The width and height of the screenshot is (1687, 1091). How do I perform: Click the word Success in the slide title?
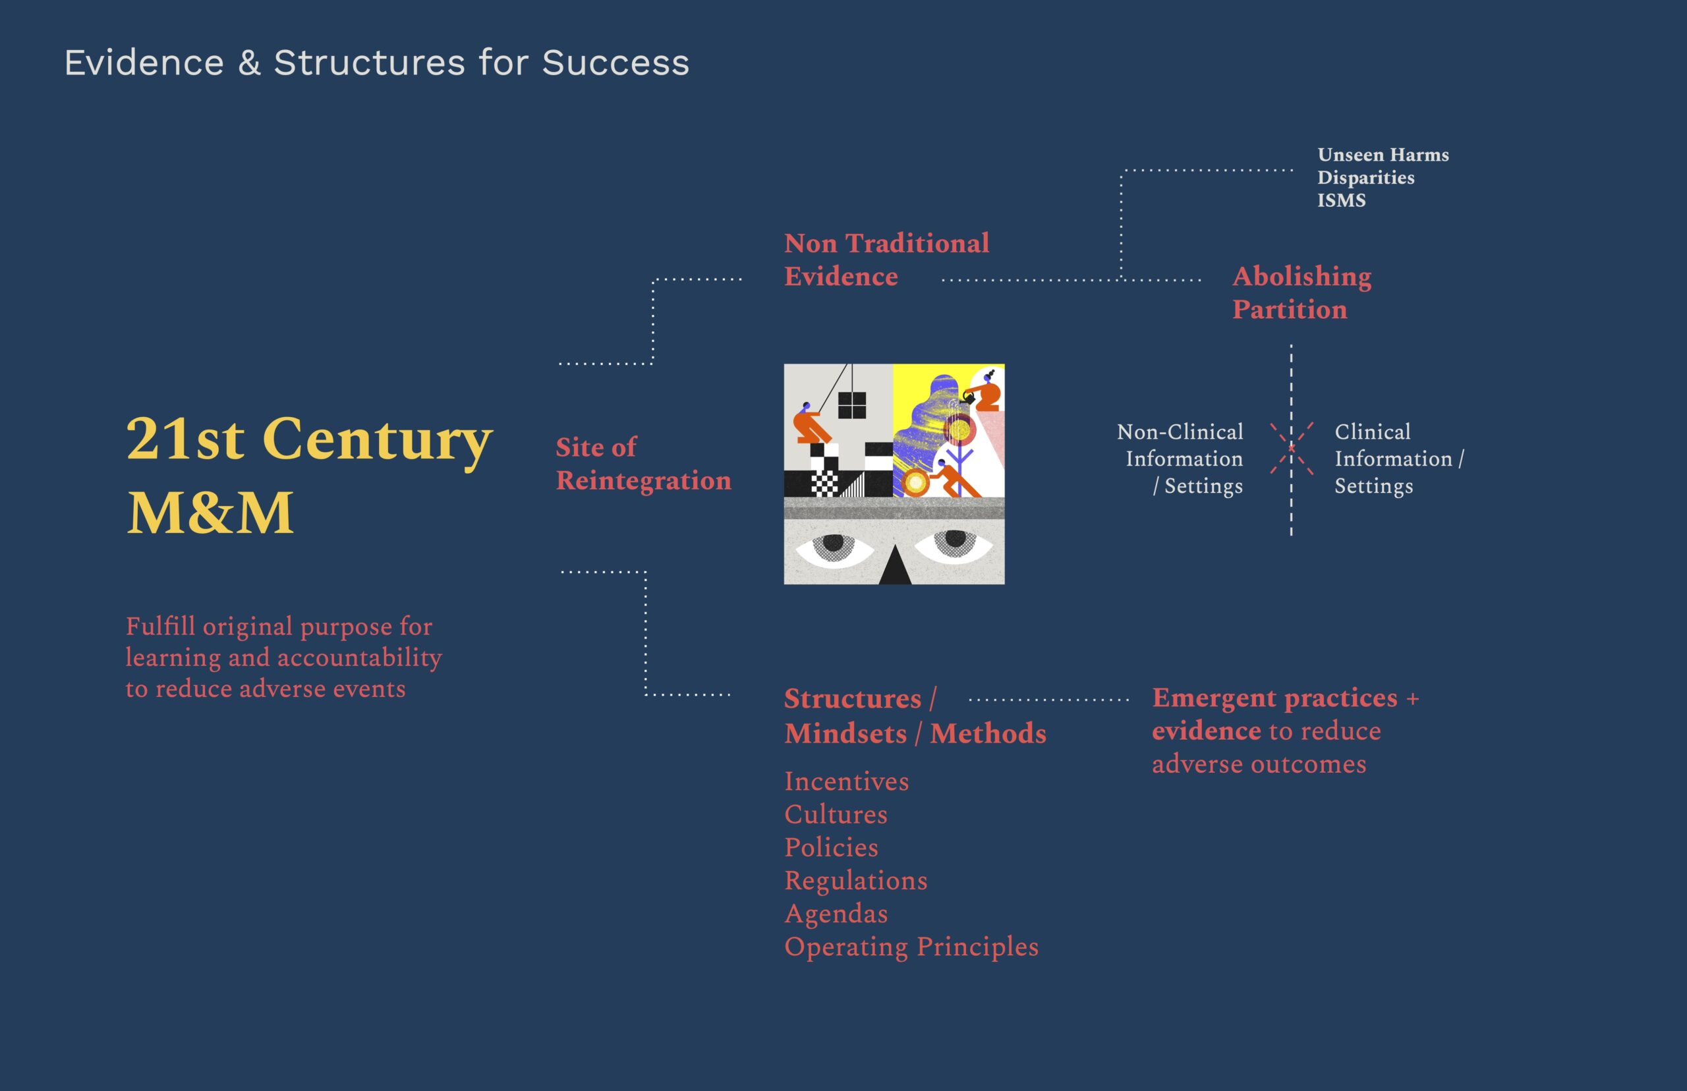click(x=615, y=63)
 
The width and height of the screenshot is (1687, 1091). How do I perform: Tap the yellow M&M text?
click(x=210, y=512)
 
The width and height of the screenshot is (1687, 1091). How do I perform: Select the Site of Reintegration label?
click(x=643, y=464)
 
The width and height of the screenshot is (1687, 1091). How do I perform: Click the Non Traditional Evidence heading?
click(x=886, y=260)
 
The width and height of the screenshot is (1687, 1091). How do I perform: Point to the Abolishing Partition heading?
click(x=1302, y=293)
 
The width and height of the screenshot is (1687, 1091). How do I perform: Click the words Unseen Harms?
click(x=1383, y=154)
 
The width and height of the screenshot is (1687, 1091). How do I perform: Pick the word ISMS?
click(x=1341, y=200)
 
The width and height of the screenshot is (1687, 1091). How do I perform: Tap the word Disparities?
click(x=1366, y=178)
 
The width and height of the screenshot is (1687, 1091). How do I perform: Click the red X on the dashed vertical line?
click(x=1291, y=448)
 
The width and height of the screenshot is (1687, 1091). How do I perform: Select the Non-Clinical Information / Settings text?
click(x=1180, y=459)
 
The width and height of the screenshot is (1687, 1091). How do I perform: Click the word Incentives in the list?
click(x=846, y=781)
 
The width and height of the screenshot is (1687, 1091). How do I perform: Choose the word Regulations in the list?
click(x=855, y=881)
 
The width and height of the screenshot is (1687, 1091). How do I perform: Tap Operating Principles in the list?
click(x=911, y=947)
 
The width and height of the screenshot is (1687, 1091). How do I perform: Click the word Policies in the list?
click(x=831, y=847)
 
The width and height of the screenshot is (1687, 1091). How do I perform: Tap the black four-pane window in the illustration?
click(x=851, y=405)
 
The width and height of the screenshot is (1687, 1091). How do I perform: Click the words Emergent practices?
click(x=1274, y=698)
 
